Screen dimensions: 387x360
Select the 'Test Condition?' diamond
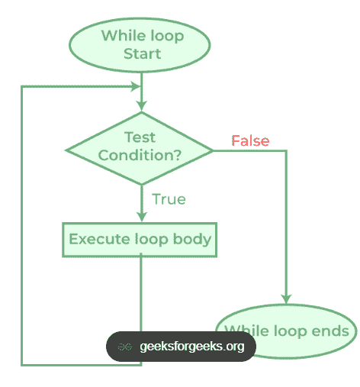click(x=140, y=147)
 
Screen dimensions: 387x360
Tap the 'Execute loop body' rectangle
click(x=140, y=239)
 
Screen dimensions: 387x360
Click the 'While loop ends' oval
click(x=288, y=331)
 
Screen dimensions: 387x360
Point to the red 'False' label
click(x=250, y=140)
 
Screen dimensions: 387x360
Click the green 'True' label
click(x=169, y=199)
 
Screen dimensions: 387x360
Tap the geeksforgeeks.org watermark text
click(x=192, y=347)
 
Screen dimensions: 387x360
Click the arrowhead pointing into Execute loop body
click(x=141, y=217)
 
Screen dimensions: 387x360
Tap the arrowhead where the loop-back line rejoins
click(x=134, y=86)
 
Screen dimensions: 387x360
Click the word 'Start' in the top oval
click(x=142, y=53)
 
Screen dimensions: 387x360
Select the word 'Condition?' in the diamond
click(x=140, y=154)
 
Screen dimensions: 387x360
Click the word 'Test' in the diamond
click(x=140, y=137)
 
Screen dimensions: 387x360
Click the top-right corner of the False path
click(x=287, y=151)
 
